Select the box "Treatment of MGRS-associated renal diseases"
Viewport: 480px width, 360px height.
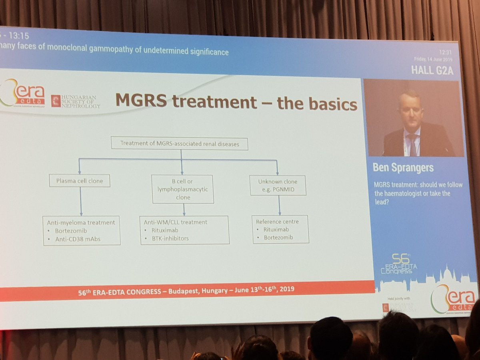pyautogui.click(x=179, y=144)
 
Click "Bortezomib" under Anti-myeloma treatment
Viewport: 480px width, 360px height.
pyautogui.click(x=73, y=231)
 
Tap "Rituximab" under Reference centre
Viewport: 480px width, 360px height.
pyautogui.click(x=276, y=229)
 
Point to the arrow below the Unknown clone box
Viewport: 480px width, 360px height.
pyautogui.click(x=279, y=205)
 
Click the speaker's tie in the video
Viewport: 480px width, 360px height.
pyautogui.click(x=413, y=144)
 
